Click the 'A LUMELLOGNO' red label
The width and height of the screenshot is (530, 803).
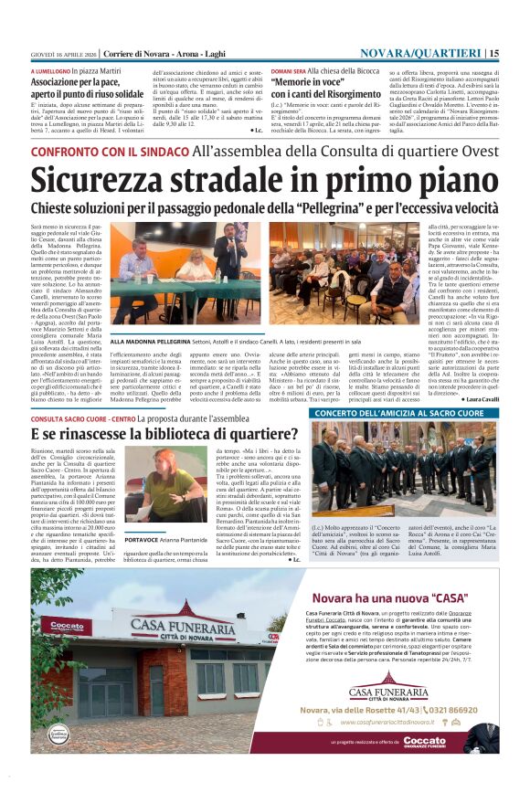pyautogui.click(x=50, y=70)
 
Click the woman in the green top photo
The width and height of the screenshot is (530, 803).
pyautogui.click(x=173, y=489)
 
